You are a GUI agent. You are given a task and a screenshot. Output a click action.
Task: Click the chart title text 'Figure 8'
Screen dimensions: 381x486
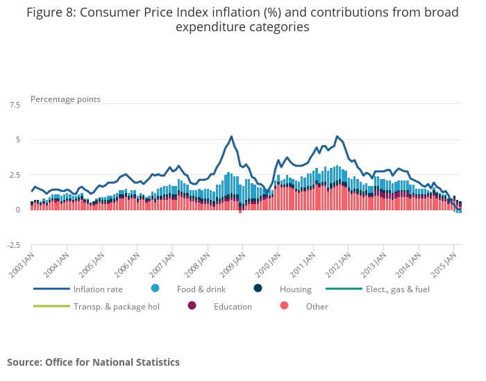tap(48, 12)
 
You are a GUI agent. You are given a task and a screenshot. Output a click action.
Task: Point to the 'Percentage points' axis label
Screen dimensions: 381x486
tap(65, 99)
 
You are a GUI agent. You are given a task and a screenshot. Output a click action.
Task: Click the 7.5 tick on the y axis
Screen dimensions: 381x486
tap(14, 105)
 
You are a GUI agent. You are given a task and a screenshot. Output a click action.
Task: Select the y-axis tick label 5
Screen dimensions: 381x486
tap(17, 139)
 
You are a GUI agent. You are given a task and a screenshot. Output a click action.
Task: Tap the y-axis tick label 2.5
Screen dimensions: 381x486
tap(14, 175)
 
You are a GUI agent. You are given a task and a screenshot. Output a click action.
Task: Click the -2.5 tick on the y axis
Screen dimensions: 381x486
tap(12, 245)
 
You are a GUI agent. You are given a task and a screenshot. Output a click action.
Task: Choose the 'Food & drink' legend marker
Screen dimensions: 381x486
tap(155, 288)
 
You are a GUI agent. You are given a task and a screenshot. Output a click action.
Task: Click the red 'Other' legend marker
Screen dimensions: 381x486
tap(284, 306)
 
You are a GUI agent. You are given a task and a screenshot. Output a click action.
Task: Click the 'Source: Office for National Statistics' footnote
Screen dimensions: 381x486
tap(93, 362)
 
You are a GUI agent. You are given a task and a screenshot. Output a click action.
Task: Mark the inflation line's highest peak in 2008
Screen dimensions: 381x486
tap(231, 136)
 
